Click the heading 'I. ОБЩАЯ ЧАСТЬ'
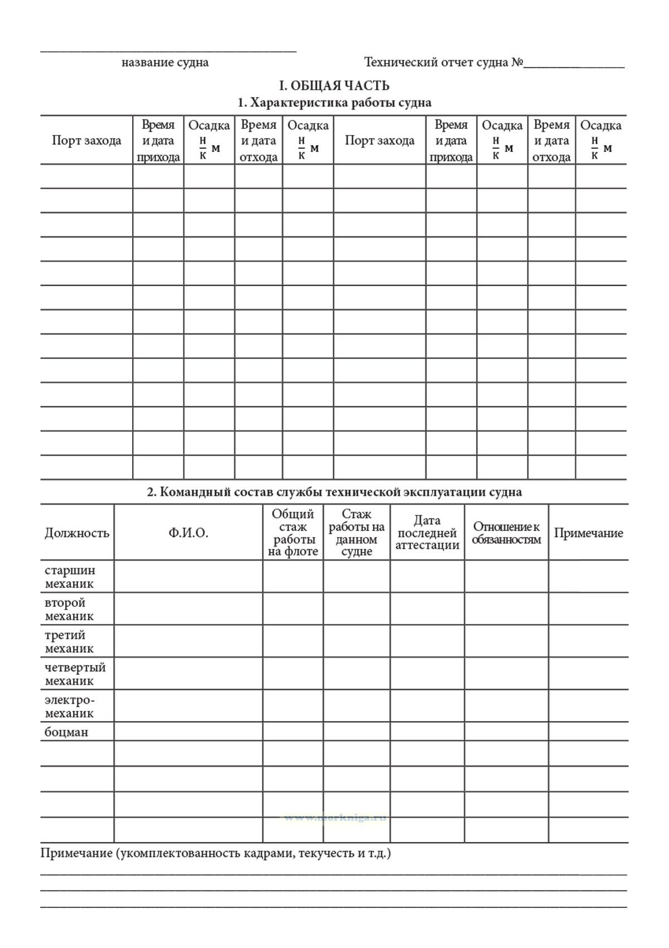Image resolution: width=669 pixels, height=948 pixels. (334, 85)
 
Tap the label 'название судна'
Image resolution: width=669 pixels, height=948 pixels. (165, 62)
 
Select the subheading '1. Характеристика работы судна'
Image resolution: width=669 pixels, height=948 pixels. (334, 103)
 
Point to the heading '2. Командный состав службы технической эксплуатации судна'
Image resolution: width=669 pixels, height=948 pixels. (334, 492)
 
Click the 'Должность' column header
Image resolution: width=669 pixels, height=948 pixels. (77, 533)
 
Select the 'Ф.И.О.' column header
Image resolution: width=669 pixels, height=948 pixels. (188, 533)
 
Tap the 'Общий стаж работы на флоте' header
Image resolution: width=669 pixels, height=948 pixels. (293, 533)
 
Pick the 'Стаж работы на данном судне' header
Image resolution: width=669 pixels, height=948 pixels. (357, 533)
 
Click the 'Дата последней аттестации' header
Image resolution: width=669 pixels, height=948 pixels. (428, 533)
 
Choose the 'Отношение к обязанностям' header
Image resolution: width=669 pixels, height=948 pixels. (506, 533)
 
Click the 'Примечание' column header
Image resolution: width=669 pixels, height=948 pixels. (588, 533)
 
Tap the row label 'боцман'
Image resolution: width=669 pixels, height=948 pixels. (66, 732)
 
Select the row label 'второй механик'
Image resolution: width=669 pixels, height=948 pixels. (69, 609)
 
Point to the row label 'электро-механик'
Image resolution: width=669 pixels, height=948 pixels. (70, 706)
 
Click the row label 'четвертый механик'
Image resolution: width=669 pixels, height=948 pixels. (75, 674)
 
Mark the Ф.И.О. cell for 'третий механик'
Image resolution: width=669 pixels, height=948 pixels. (188, 641)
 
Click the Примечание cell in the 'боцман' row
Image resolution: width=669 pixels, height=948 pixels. (588, 732)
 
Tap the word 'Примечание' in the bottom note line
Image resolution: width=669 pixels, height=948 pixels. (76, 853)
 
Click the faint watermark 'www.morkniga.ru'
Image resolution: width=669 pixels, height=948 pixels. (334, 818)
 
